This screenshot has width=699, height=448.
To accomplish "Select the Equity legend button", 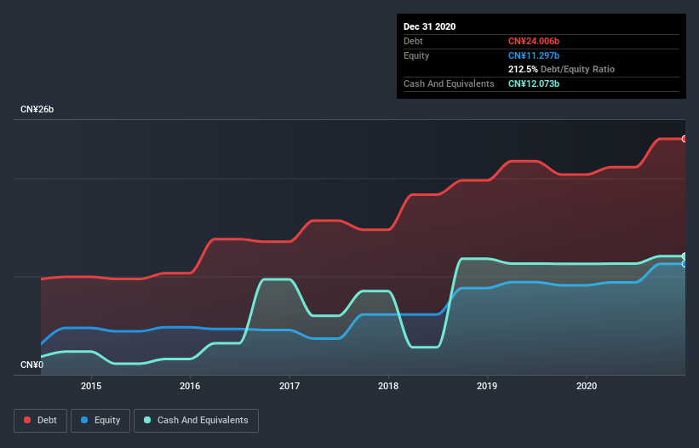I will [x=101, y=420].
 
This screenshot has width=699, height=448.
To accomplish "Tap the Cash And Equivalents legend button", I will [x=196, y=420].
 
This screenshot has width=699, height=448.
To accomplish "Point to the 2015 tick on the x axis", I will [x=91, y=385].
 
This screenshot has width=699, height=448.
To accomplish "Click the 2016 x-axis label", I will [x=190, y=385].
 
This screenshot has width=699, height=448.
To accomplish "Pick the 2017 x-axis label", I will [x=289, y=385].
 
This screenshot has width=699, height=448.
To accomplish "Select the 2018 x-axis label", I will [x=388, y=385].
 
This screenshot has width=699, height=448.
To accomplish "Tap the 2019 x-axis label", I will [x=487, y=385].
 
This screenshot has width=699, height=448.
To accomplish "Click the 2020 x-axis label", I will [x=587, y=385].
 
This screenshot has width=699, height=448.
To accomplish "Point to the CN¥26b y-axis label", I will [x=37, y=110].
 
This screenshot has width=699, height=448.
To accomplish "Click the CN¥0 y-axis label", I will [x=32, y=365].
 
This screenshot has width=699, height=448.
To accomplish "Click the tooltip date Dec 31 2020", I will [x=430, y=26].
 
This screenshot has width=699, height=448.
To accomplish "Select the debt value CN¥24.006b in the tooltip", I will [x=535, y=41].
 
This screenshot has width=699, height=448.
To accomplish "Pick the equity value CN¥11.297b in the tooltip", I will [x=534, y=55].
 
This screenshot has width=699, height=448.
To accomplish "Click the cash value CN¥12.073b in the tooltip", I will [x=534, y=83].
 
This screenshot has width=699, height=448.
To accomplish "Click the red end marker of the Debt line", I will [x=684, y=139].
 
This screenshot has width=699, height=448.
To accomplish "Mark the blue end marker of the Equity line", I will [x=684, y=264].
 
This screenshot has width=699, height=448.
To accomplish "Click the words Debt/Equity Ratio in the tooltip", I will [x=578, y=69].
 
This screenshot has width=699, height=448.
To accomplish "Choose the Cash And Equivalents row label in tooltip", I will [x=449, y=83].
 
